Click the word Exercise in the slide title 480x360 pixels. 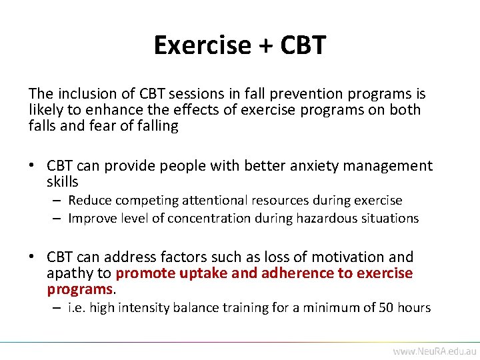pyautogui.click(x=201, y=45)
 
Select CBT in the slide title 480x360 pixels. pyautogui.click(x=303, y=45)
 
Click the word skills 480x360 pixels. pyautogui.click(x=63, y=182)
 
